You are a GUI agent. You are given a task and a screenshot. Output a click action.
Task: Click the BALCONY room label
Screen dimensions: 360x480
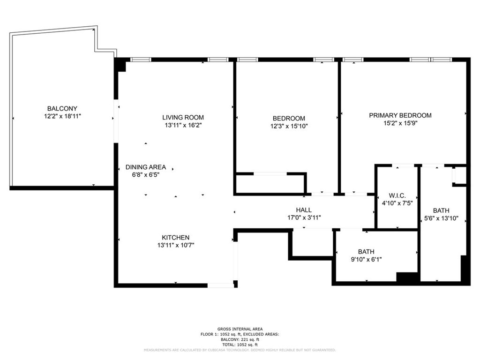(x=62, y=108)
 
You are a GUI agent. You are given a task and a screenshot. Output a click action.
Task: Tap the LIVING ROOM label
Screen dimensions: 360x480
(x=183, y=117)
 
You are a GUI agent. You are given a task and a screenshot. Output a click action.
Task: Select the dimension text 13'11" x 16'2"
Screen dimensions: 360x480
(x=183, y=125)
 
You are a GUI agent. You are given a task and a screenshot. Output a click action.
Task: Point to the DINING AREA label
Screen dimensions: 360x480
(x=145, y=167)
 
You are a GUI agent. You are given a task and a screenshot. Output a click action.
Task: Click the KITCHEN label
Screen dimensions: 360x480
(x=176, y=237)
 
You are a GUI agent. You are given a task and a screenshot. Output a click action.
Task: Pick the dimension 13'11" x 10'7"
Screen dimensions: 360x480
(x=176, y=245)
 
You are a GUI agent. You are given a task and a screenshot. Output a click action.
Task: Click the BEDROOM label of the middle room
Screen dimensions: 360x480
(x=289, y=118)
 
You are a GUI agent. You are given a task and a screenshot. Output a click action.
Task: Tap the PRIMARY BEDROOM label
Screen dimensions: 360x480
(x=400, y=115)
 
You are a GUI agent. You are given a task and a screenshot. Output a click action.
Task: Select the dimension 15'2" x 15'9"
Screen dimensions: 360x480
(x=400, y=123)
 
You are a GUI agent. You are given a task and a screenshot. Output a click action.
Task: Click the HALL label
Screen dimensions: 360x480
(x=304, y=210)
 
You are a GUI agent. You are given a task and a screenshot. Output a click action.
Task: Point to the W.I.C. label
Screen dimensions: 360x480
(x=397, y=195)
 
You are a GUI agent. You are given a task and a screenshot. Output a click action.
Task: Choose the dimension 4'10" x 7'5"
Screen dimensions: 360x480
(x=397, y=203)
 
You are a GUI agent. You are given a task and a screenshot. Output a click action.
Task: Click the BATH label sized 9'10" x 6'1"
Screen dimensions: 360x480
(x=366, y=251)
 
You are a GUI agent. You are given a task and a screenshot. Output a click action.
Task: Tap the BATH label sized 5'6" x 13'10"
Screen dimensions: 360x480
(x=441, y=210)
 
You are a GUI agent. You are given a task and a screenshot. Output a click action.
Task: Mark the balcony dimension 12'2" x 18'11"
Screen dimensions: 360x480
(x=62, y=116)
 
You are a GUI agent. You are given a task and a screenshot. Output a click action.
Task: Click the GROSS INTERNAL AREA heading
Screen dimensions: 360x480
(x=240, y=329)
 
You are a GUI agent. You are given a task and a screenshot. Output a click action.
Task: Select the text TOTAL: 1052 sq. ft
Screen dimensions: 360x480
(x=240, y=344)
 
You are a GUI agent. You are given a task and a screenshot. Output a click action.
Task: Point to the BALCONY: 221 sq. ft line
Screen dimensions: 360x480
(x=240, y=339)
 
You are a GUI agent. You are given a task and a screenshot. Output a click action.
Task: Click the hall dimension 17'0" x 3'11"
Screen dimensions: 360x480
(x=304, y=217)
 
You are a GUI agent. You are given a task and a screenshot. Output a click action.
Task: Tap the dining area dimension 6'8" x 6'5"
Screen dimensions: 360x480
(x=145, y=175)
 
